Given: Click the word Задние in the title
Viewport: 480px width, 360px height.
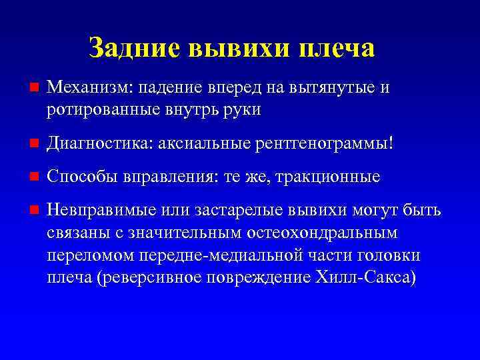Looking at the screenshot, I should point(134,48).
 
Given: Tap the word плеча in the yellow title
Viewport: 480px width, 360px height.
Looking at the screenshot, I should point(337,48).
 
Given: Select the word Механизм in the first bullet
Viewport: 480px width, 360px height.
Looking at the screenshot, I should point(83,89).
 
